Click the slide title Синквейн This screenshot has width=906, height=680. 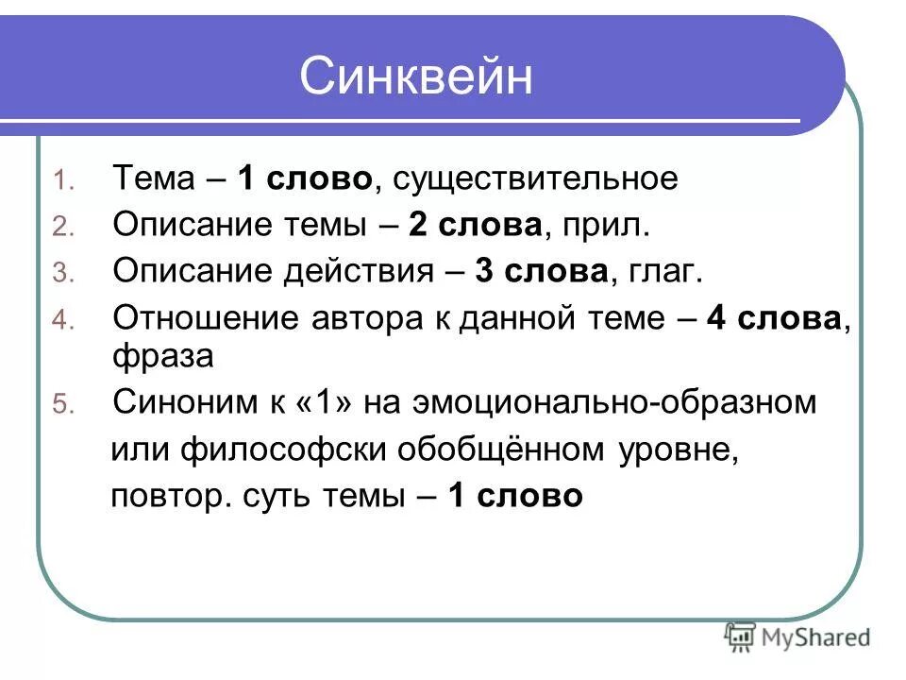click(416, 77)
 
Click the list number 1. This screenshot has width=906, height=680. click(59, 180)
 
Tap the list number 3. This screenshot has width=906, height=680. click(59, 274)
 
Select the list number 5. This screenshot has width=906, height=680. click(59, 405)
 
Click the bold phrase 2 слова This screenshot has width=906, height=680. click(475, 225)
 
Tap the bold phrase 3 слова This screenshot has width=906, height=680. click(540, 271)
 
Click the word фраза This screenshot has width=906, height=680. click(163, 356)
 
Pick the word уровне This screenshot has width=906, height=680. click(677, 450)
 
